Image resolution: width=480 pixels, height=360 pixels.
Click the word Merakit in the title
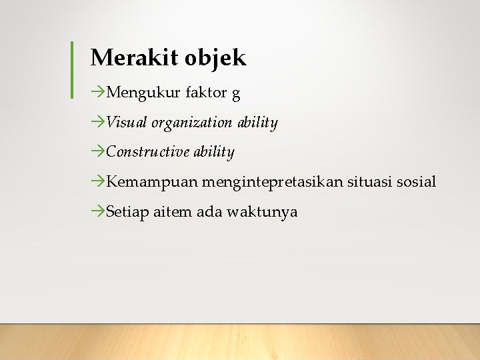124,58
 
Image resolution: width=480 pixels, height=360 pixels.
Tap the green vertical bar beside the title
72,70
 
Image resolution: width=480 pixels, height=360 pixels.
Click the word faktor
206,93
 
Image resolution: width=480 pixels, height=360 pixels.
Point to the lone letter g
236,94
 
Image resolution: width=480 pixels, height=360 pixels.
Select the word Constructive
148,152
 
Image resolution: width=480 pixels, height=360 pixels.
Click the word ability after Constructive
214,153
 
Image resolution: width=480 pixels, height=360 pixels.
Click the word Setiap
128,213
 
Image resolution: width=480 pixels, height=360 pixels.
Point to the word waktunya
262,213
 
